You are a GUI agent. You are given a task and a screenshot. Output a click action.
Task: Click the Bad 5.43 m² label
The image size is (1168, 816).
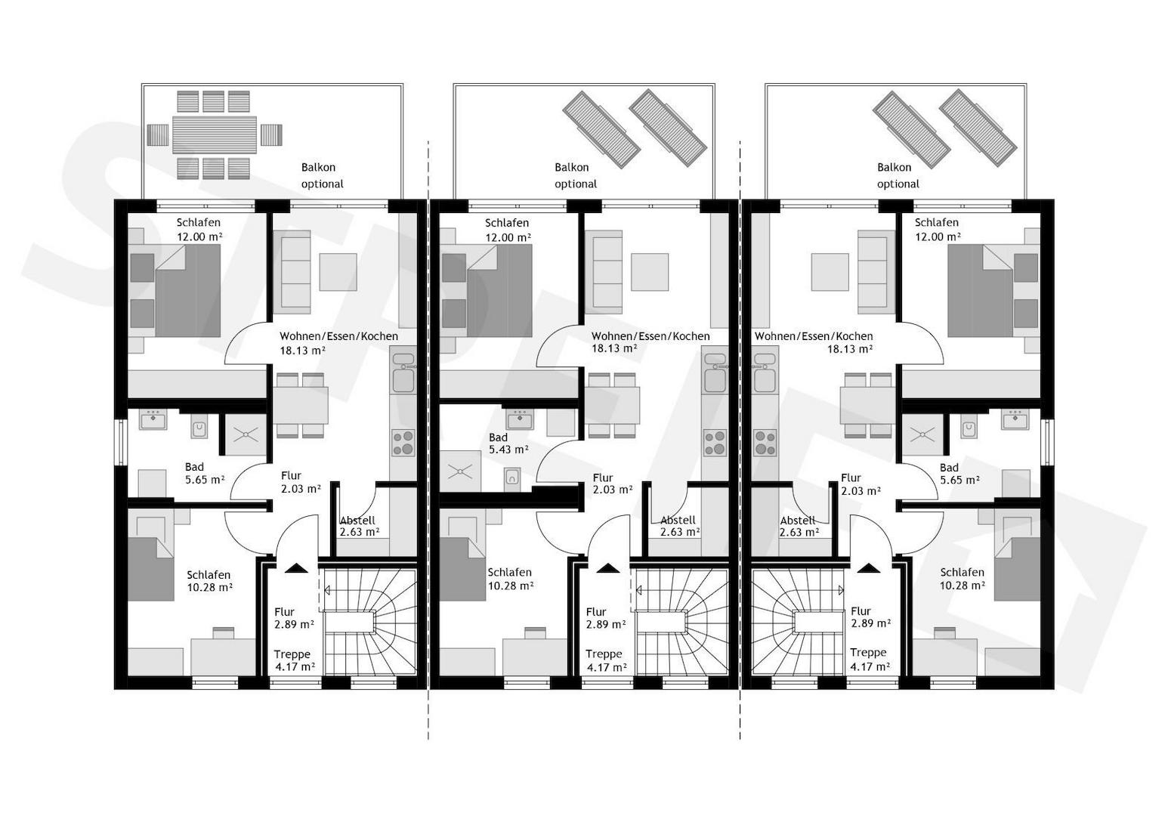(x=508, y=444)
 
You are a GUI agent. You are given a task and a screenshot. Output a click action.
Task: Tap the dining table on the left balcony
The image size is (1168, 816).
(x=215, y=134)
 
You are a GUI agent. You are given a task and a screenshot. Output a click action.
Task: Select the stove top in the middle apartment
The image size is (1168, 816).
(x=715, y=443)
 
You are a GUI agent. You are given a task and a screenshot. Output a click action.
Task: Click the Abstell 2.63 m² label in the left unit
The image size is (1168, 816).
(x=360, y=526)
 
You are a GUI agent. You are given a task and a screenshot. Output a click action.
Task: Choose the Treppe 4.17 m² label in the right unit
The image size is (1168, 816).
(x=870, y=660)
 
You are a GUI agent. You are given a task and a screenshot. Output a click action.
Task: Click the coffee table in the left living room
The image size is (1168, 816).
(x=338, y=272)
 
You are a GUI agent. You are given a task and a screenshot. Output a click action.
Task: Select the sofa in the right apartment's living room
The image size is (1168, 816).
(x=873, y=272)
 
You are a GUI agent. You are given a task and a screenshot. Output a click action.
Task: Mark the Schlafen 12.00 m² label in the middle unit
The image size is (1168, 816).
(x=508, y=230)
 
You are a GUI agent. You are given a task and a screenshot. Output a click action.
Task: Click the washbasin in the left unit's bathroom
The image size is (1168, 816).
(x=153, y=420)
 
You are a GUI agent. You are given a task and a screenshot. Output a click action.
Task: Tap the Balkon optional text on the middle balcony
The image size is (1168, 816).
(x=575, y=176)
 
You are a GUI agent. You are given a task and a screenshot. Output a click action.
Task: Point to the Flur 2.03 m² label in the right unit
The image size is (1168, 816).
(x=861, y=484)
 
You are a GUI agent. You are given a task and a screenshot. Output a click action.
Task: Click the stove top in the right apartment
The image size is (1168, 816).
(x=765, y=443)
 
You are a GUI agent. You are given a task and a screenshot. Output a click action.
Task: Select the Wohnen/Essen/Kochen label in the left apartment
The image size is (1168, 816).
(x=339, y=336)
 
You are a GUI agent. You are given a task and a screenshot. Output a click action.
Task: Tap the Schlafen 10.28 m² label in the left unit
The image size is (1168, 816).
(x=209, y=581)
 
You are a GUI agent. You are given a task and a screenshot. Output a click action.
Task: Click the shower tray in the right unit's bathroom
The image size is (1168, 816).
(x=922, y=434)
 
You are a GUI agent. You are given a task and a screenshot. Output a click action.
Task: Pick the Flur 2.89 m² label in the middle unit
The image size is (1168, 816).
(x=606, y=618)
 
